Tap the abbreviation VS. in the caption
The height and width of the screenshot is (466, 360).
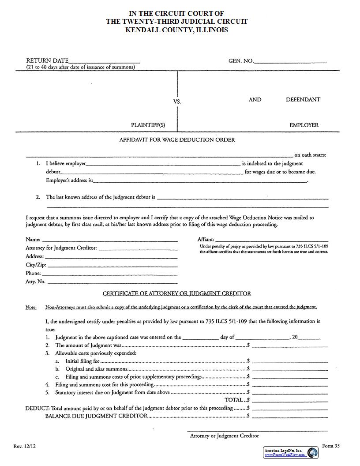(177, 101)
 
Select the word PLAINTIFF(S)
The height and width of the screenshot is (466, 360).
(148, 125)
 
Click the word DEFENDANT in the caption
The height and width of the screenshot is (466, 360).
(303, 99)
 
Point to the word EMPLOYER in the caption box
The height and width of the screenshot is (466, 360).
(304, 125)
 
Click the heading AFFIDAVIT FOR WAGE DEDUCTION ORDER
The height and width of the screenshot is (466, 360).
(177, 139)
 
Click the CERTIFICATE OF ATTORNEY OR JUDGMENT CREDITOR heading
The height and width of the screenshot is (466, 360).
(177, 293)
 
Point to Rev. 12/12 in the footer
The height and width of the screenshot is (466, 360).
(24, 446)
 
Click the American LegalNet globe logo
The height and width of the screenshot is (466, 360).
(313, 452)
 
